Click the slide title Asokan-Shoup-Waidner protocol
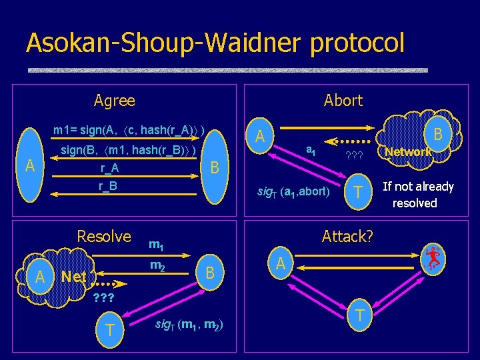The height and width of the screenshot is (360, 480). tap(215, 43)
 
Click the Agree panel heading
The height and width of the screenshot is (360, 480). tap(114, 101)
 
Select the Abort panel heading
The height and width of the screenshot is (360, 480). tap(343, 101)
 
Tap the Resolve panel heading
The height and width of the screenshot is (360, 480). tap(104, 237)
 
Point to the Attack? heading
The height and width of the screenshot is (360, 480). tap(347, 237)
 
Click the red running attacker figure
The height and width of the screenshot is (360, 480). tap(433, 258)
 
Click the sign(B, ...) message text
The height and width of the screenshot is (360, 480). tap(129, 151)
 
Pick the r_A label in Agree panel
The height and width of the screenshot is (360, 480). tap(109, 169)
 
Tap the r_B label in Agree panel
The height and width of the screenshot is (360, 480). tap(109, 186)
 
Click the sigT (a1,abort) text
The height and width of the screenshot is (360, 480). tap(293, 192)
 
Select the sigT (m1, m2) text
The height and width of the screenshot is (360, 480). tap(189, 325)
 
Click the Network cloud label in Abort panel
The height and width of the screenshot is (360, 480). tap(408, 152)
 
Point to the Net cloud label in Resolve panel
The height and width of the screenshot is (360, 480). tap(73, 276)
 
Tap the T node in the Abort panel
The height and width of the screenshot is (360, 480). tap(358, 192)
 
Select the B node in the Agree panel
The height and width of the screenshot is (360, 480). tap(215, 167)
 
